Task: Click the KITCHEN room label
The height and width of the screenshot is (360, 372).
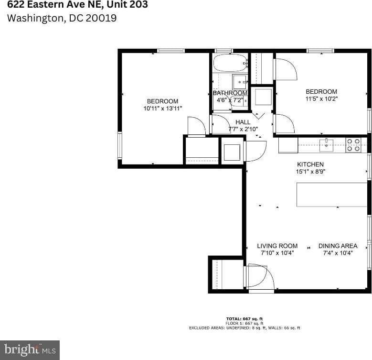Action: point(310,164)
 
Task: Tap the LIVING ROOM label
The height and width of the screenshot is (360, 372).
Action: point(277,246)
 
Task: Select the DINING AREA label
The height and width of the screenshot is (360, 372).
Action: point(338,246)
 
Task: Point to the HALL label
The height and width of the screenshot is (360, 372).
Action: point(243,122)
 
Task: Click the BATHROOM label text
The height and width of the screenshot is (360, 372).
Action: point(230,93)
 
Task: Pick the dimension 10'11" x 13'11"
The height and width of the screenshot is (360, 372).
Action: point(162,109)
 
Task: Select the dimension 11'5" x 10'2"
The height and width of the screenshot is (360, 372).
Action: point(321,99)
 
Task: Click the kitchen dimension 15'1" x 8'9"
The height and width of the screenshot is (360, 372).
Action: point(310,171)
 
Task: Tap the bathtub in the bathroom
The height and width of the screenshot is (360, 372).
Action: point(230,63)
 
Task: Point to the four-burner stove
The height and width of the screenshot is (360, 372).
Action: point(353,145)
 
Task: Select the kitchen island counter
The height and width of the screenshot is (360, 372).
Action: point(331,195)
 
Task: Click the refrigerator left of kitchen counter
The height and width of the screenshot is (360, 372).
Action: point(288,145)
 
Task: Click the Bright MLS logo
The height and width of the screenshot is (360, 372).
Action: point(30,350)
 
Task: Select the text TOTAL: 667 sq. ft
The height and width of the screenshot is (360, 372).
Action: point(244,318)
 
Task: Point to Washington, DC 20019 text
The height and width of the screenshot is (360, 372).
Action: point(62,19)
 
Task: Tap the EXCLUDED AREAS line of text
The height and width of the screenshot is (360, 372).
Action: point(244,328)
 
